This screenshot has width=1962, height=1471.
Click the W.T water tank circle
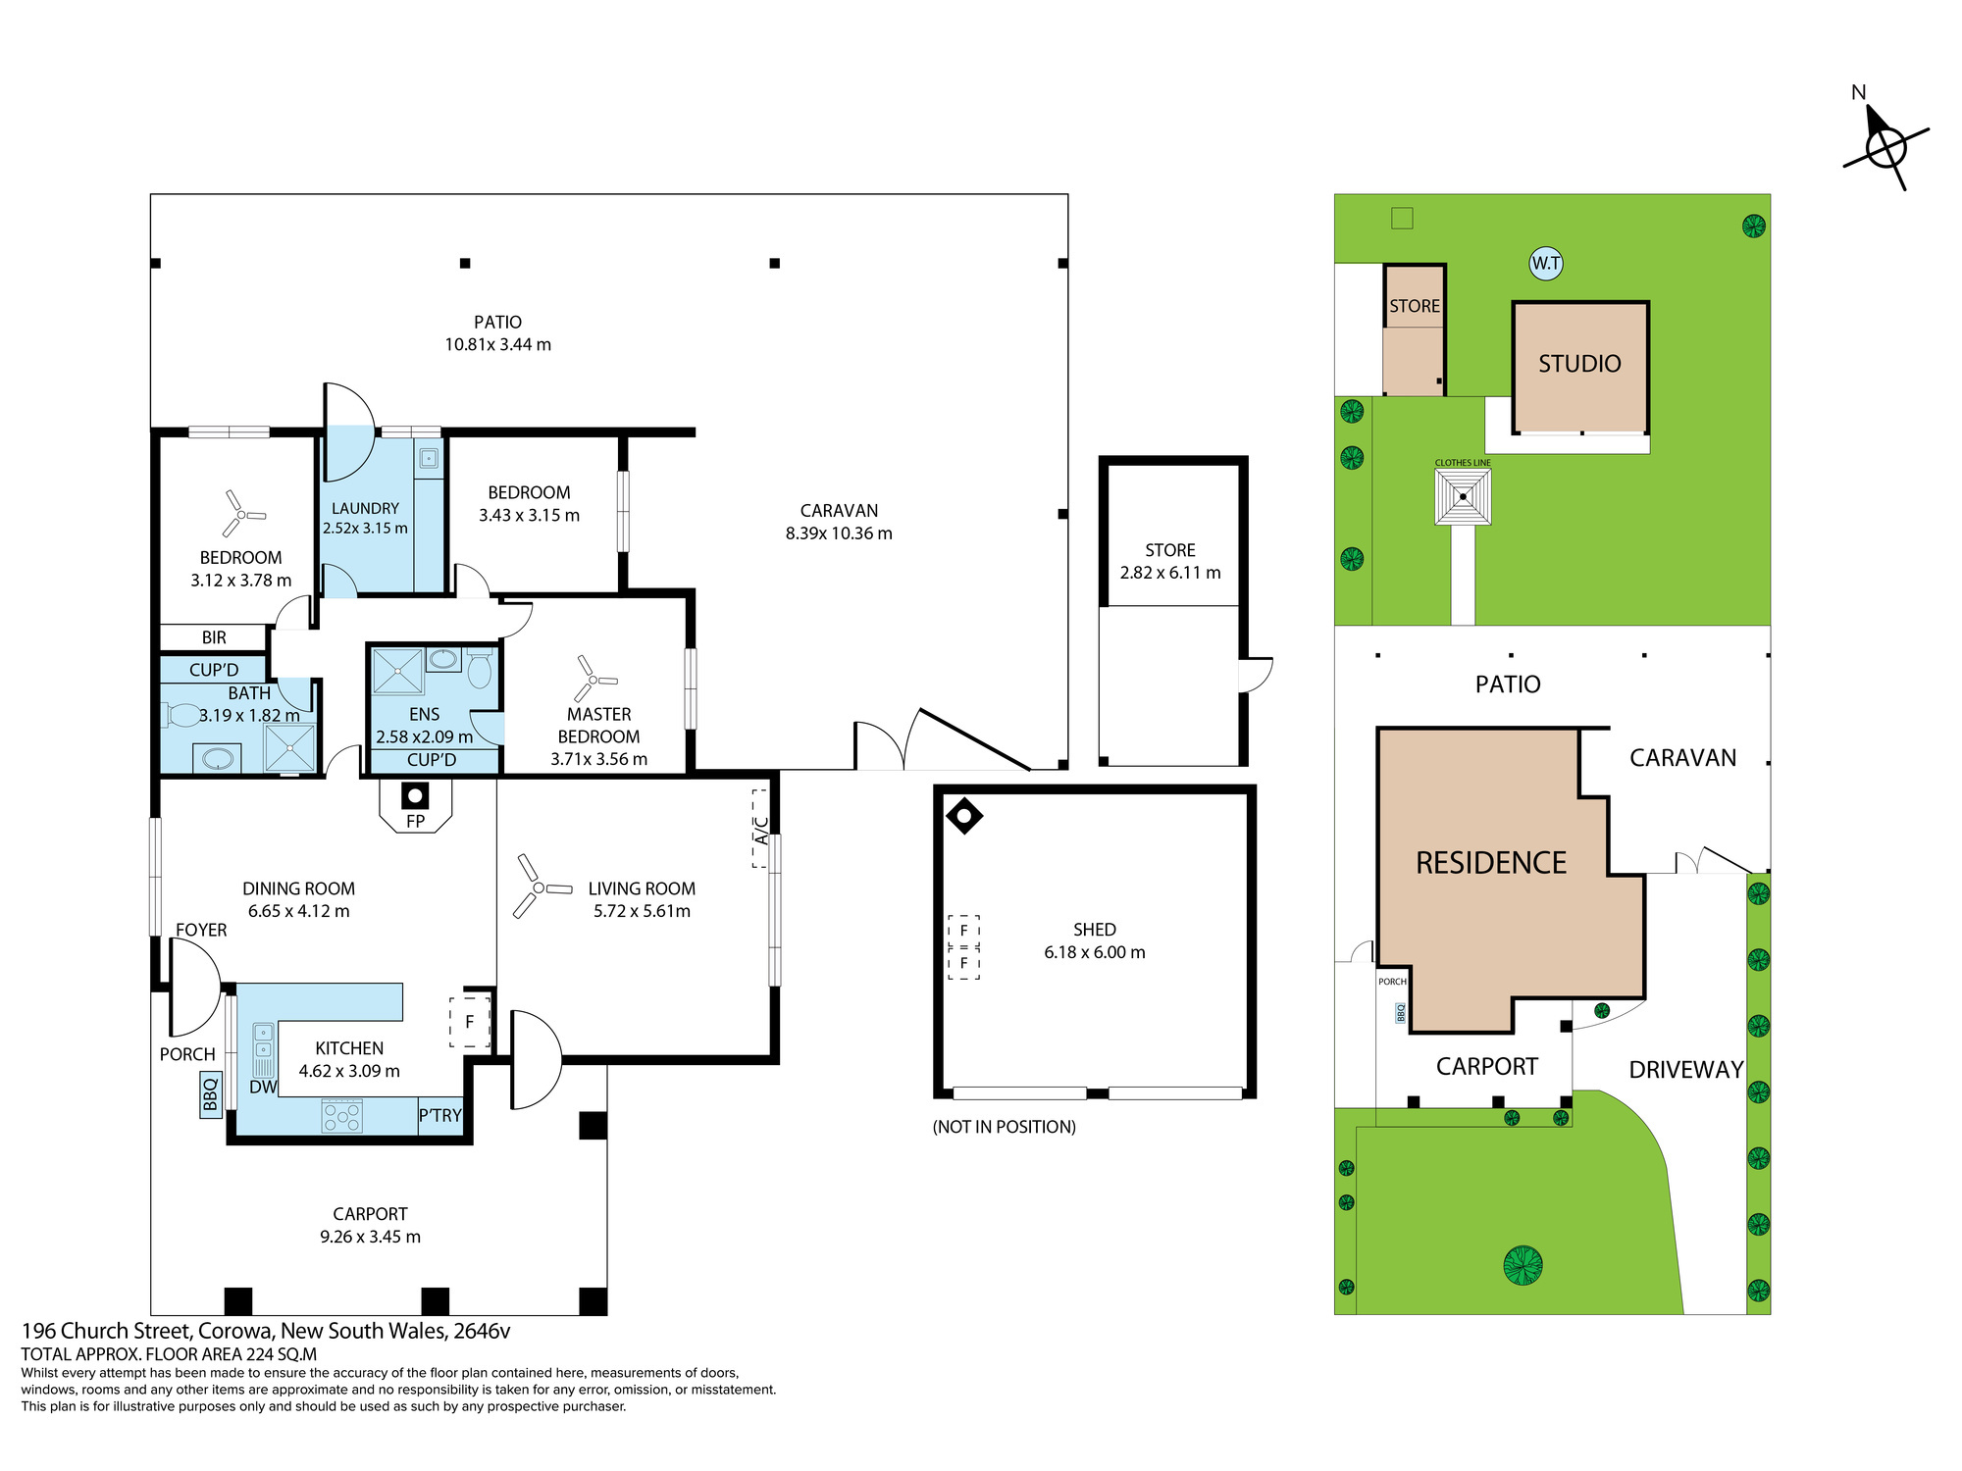tap(1546, 263)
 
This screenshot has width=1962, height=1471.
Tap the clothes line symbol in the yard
tap(1463, 496)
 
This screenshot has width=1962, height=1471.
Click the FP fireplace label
tap(415, 821)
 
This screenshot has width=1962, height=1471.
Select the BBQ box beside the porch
tap(210, 1094)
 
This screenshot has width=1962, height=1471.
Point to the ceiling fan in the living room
tap(539, 887)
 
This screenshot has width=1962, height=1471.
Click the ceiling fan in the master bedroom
tap(591, 679)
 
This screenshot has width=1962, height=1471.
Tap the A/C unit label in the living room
tap(761, 830)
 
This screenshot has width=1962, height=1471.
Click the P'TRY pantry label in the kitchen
tap(439, 1115)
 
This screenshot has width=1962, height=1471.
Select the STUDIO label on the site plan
tap(1579, 364)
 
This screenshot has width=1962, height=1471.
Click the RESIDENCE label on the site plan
tap(1491, 863)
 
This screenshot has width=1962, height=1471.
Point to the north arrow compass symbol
tap(1885, 147)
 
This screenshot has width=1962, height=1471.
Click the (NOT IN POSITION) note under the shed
tap(1004, 1127)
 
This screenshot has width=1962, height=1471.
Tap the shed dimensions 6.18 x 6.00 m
tap(1095, 952)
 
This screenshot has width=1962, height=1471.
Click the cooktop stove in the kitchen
tap(342, 1116)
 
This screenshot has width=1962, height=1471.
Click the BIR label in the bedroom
tap(214, 637)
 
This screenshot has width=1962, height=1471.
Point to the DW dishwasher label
tap(263, 1087)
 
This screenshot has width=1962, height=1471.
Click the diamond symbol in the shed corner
tap(964, 815)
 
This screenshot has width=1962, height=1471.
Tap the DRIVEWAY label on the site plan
tap(1686, 1070)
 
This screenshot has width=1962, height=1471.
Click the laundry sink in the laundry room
tap(429, 458)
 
